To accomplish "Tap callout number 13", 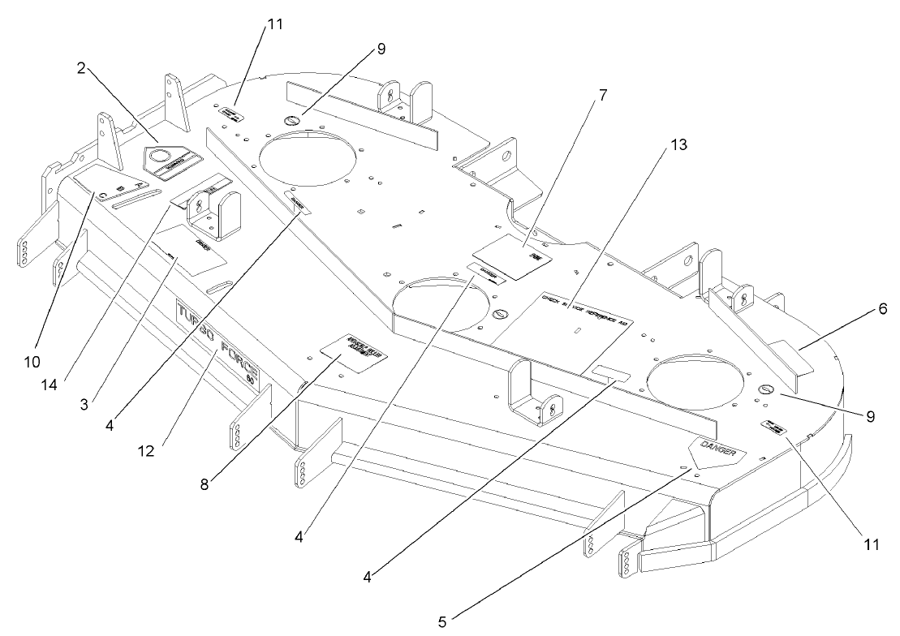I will click(x=678, y=146).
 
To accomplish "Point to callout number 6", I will click(x=881, y=309).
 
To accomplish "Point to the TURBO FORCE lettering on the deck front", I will click(x=217, y=341).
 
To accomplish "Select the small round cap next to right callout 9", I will click(x=767, y=390).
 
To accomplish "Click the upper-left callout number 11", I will click(x=274, y=25).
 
